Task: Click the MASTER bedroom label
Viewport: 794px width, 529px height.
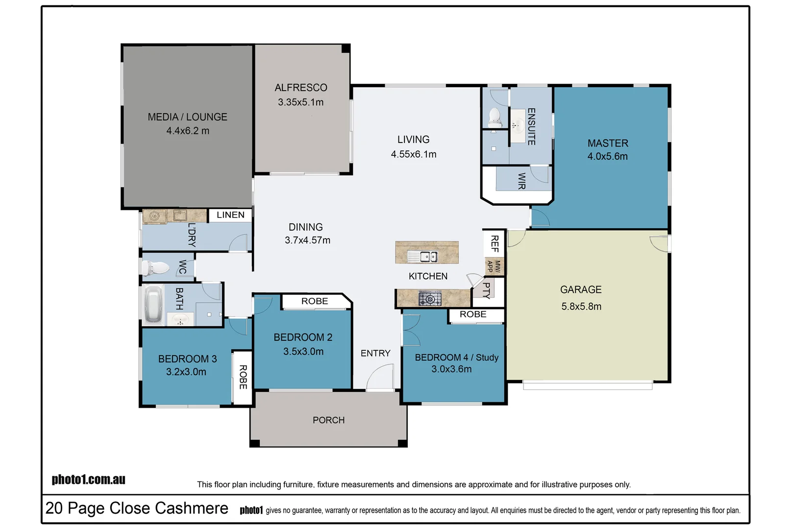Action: pyautogui.click(x=608, y=143)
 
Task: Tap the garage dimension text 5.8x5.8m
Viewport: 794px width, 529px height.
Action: pyautogui.click(x=581, y=306)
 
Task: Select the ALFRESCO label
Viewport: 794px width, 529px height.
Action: pyautogui.click(x=301, y=88)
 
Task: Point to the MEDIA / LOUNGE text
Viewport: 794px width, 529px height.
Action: pyautogui.click(x=187, y=117)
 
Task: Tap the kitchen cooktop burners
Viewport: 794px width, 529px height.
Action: pyautogui.click(x=430, y=298)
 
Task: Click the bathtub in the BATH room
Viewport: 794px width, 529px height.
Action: pyautogui.click(x=153, y=304)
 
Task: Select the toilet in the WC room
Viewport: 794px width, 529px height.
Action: pyautogui.click(x=156, y=268)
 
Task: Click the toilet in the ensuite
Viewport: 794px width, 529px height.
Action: pyautogui.click(x=495, y=117)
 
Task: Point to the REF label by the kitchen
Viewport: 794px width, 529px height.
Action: pyautogui.click(x=495, y=243)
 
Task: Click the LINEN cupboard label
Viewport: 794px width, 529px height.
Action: pyautogui.click(x=230, y=215)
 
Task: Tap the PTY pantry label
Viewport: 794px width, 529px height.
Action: pyautogui.click(x=486, y=290)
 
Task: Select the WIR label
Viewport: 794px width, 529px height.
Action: pyautogui.click(x=521, y=181)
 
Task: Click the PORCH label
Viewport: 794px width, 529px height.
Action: pyautogui.click(x=328, y=420)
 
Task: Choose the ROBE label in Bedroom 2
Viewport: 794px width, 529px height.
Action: pyautogui.click(x=315, y=301)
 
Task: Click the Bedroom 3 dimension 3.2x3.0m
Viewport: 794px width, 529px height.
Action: pyautogui.click(x=186, y=372)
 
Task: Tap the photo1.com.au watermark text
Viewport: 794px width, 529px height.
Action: pyautogui.click(x=89, y=479)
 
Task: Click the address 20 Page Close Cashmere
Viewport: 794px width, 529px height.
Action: pyautogui.click(x=137, y=508)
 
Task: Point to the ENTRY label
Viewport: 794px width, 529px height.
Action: pyautogui.click(x=375, y=353)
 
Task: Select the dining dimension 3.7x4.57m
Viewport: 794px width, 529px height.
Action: pyautogui.click(x=307, y=240)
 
